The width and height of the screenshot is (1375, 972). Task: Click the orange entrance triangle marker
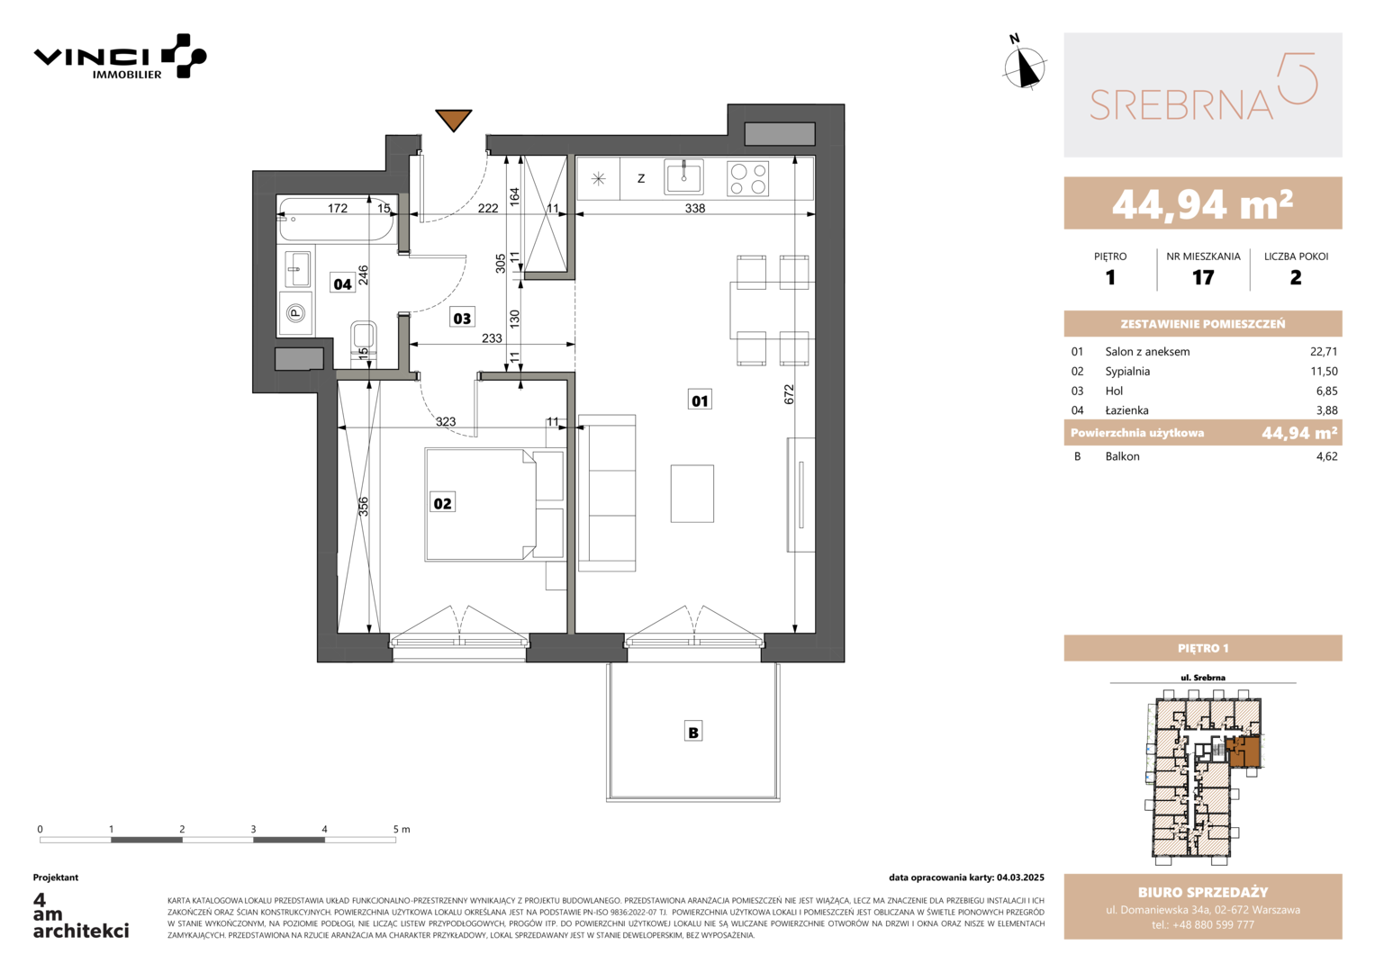pyautogui.click(x=454, y=120)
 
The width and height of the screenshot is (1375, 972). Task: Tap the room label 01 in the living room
pyautogui.click(x=700, y=400)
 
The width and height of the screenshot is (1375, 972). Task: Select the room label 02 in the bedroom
pyautogui.click(x=443, y=503)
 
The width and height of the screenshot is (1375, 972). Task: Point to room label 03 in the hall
pyautogui.click(x=462, y=318)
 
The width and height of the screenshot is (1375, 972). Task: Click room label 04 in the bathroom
pyautogui.click(x=342, y=283)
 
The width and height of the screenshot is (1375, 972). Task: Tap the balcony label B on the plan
pyautogui.click(x=693, y=732)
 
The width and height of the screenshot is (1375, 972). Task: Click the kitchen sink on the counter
pyautogui.click(x=683, y=177)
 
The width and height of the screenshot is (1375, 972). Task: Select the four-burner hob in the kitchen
pyautogui.click(x=747, y=178)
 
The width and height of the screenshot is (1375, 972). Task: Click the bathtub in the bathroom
pyautogui.click(x=337, y=219)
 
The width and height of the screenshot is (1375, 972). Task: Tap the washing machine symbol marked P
pyautogui.click(x=296, y=313)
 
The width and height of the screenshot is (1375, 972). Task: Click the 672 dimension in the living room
pyautogui.click(x=789, y=394)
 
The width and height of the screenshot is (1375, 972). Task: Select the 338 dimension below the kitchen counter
pyautogui.click(x=695, y=208)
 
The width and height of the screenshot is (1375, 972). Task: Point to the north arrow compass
pyautogui.click(x=1024, y=64)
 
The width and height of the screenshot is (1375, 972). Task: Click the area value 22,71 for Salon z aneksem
pyautogui.click(x=1324, y=352)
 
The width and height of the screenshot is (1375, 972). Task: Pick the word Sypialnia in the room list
pyautogui.click(x=1127, y=371)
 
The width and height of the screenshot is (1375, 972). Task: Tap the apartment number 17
pyautogui.click(x=1203, y=278)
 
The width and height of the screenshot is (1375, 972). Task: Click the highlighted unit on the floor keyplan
pyautogui.click(x=1244, y=752)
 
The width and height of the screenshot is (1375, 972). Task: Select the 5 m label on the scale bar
pyautogui.click(x=402, y=829)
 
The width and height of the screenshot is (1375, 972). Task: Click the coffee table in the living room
pyautogui.click(x=692, y=494)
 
